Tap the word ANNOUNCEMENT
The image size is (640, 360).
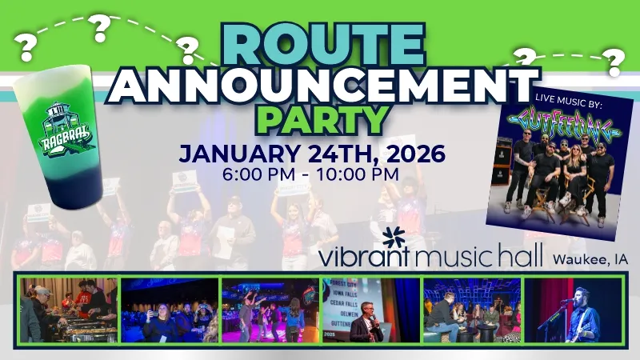(322, 84)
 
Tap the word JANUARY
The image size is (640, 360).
(236, 153)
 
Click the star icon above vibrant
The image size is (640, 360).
(394, 238)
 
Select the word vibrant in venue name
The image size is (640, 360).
(365, 258)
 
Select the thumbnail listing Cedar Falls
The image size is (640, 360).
(370, 310)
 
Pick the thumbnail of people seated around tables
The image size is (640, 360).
(471, 310)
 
